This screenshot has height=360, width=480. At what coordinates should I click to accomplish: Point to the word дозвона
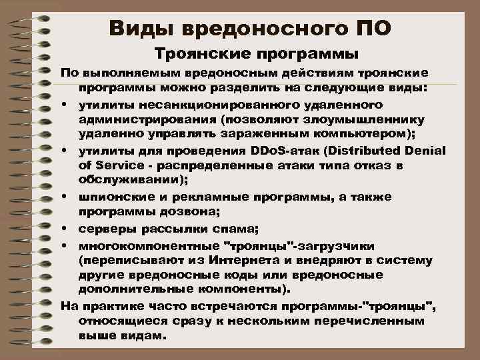point(192,213)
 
